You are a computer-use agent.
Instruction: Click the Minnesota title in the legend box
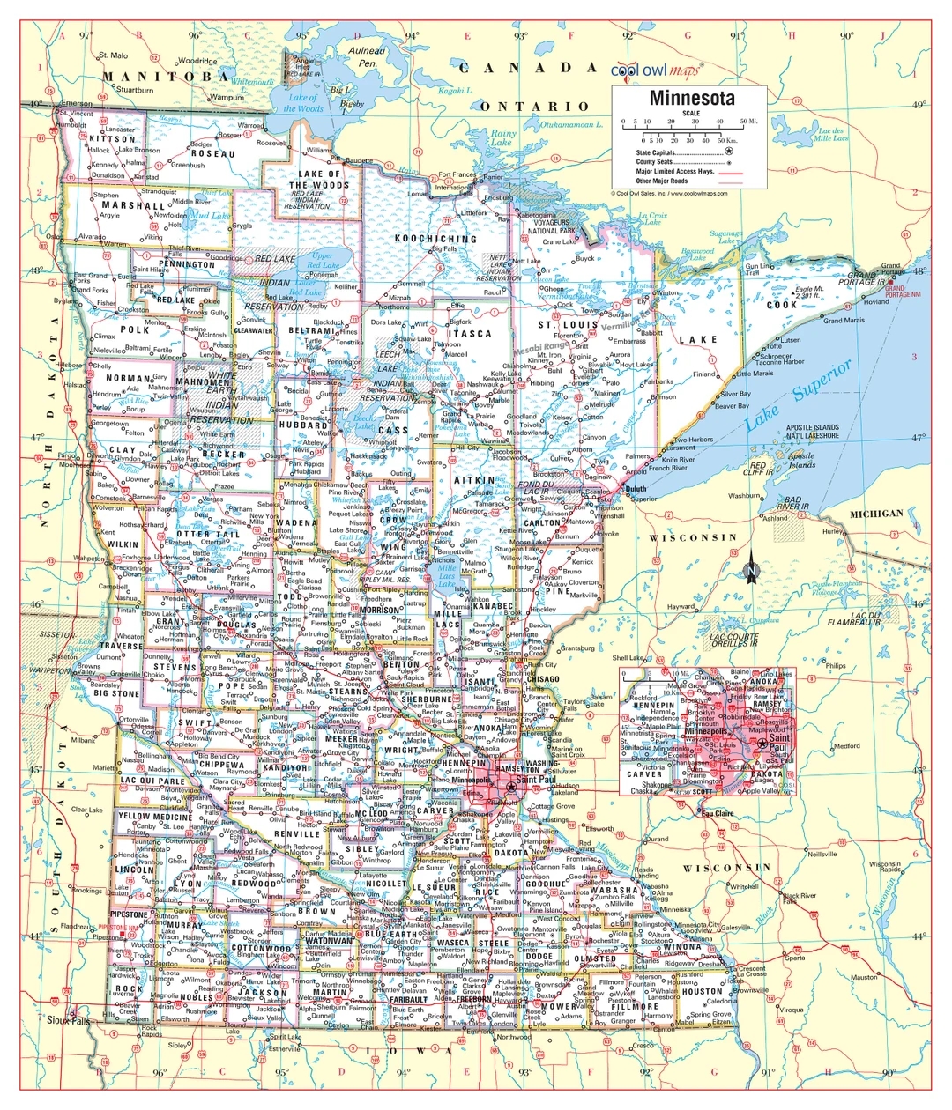pyautogui.click(x=689, y=97)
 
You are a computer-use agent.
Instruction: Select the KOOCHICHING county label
pyautogui.click(x=435, y=239)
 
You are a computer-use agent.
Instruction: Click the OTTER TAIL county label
pyautogui.click(x=208, y=535)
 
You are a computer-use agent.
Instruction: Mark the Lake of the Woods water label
pyautogui.click(x=301, y=103)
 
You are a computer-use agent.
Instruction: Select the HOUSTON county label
pyautogui.click(x=702, y=991)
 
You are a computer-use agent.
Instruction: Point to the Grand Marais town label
pyautogui.click(x=844, y=321)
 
